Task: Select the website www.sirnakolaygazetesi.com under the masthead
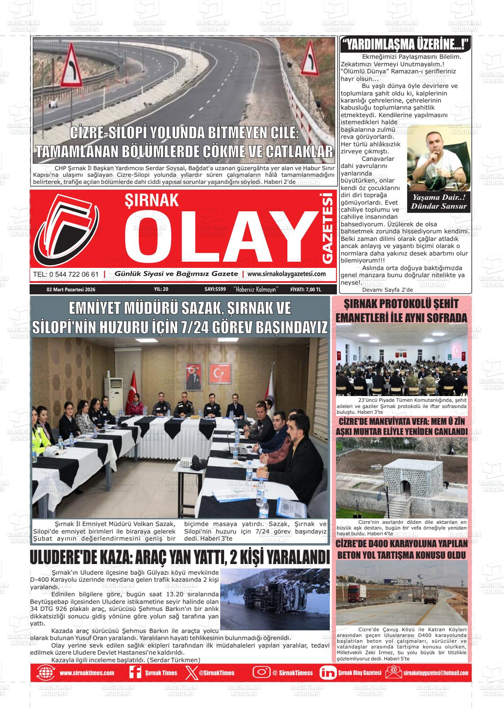(286, 274)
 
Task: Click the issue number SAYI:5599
(215, 290)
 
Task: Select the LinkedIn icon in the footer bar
(328, 673)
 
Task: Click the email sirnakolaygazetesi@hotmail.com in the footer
(435, 673)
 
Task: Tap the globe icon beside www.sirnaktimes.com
(46, 673)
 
